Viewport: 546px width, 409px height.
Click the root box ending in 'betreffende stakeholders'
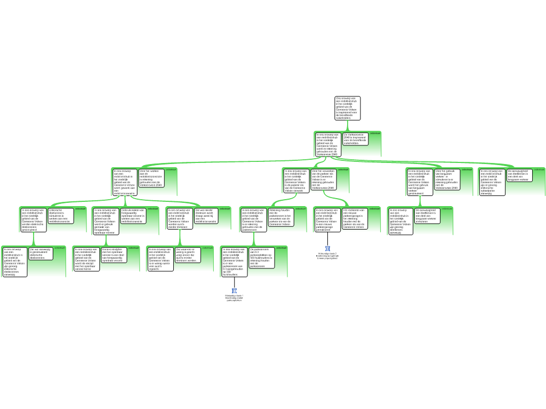pyautogui.click(x=348, y=108)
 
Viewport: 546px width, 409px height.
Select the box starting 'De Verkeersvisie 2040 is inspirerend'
pyautogui.click(x=355, y=139)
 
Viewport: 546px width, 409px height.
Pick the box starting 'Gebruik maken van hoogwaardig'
pyautogui.click(x=133, y=215)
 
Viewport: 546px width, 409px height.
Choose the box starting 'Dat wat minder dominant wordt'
pyautogui.click(x=205, y=216)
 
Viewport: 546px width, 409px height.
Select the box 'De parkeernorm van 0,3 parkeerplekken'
pyautogui.click(x=262, y=258)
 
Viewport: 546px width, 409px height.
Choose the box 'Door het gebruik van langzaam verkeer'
pyautogui.click(x=447, y=179)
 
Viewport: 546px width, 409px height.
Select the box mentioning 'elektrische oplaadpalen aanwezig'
pyautogui.click(x=492, y=182)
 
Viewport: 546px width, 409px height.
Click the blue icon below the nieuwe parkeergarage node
pyautogui.click(x=327, y=249)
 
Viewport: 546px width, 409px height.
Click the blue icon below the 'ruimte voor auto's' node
pyautogui.click(x=234, y=291)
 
